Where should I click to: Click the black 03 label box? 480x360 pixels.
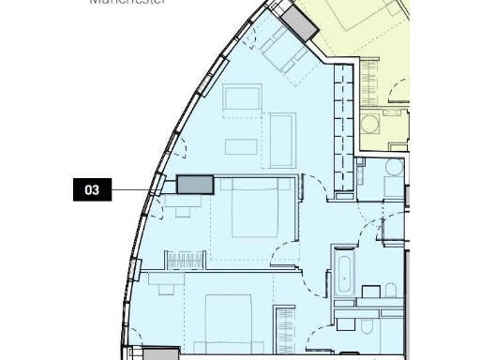coord(92,190)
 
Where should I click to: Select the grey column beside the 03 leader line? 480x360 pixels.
coord(195,185)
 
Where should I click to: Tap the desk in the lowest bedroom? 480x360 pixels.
coord(168,282)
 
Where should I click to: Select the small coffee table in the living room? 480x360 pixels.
coord(239,145)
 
